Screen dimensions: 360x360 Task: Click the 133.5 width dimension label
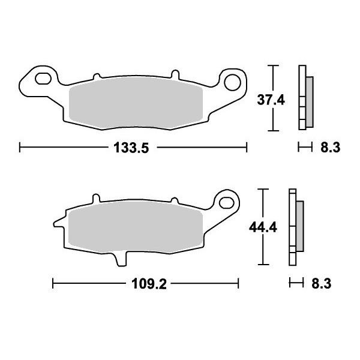(131, 148)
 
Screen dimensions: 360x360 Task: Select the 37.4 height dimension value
(271, 100)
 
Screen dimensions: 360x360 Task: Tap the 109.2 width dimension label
(149, 284)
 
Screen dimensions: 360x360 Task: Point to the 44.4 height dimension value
(263, 227)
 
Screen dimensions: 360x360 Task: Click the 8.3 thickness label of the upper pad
(331, 148)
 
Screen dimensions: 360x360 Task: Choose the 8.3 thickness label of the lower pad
(322, 284)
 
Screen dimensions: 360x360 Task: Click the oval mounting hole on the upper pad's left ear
(43, 79)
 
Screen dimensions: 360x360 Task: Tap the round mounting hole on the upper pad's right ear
(232, 82)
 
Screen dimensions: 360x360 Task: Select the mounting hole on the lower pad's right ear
(226, 203)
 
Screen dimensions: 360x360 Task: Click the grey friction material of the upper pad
(136, 103)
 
